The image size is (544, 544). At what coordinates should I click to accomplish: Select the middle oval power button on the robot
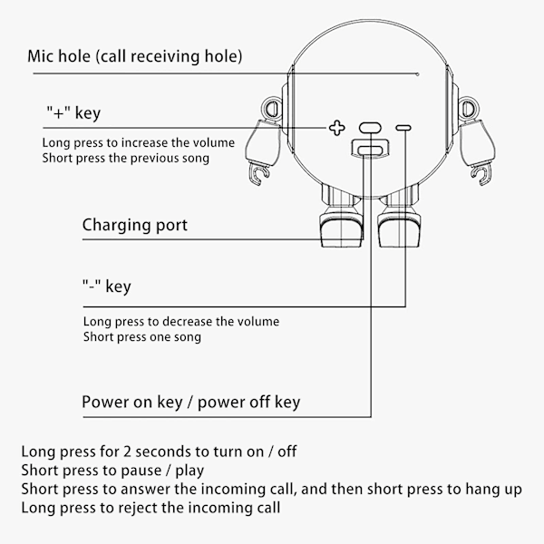369,129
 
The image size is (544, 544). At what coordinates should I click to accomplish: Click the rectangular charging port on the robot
369,150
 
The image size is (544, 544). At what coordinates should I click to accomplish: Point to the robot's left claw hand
259,172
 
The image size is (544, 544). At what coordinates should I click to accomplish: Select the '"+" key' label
73,113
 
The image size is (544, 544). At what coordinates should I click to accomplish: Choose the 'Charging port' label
135,224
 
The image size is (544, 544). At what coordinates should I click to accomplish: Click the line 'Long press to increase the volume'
138,143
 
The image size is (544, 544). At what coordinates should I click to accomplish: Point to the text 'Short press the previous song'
125,159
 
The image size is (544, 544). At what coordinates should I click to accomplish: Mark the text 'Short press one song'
142,337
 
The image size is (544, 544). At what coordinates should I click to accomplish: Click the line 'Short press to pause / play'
112,470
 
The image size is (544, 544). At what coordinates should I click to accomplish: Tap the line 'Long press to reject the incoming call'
151,508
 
